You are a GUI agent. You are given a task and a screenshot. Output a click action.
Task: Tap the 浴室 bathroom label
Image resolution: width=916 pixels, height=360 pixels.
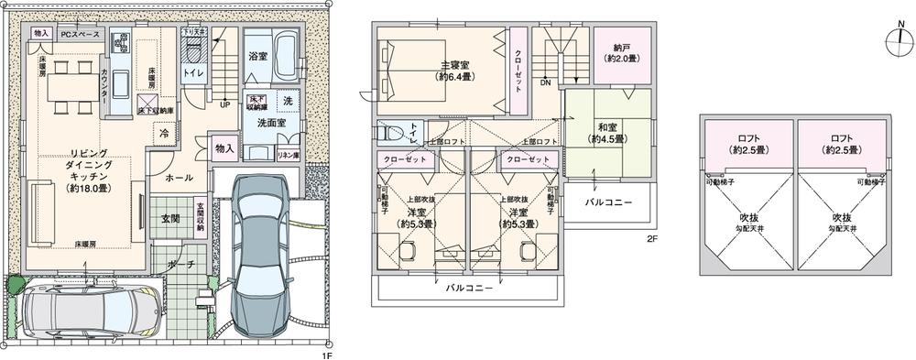(x=257, y=55)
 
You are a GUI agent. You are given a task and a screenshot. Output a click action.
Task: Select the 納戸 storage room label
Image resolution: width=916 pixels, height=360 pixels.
(x=621, y=52)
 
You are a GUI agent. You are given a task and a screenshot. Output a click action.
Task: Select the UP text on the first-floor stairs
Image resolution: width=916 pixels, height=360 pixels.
(x=224, y=104)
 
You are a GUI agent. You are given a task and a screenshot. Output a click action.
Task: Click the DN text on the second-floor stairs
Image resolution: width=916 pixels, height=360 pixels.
(x=544, y=83)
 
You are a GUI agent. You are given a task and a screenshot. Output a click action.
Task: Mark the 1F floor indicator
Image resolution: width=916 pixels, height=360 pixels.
(x=324, y=351)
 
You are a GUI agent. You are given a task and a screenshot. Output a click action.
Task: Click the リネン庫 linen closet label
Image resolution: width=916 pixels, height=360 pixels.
(x=287, y=155)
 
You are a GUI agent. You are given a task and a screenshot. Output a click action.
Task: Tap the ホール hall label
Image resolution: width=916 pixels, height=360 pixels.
(x=179, y=179)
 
